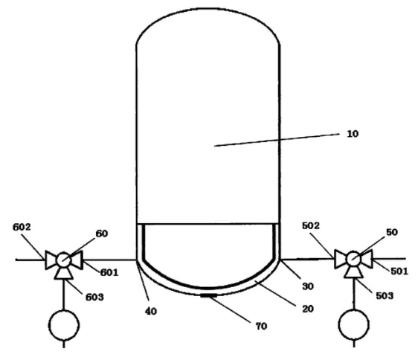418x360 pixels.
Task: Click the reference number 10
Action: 353,134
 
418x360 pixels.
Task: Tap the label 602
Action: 22,227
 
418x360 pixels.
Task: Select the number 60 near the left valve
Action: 102,234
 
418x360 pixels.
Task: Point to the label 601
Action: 109,272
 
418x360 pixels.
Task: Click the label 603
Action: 94,297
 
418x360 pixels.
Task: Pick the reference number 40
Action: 151,311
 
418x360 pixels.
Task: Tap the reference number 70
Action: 261,326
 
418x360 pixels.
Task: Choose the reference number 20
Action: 308,309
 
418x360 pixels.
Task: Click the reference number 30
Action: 308,286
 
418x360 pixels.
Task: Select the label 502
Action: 311,226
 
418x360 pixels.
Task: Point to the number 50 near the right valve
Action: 392,232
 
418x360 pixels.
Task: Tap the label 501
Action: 399,271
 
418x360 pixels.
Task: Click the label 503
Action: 385,296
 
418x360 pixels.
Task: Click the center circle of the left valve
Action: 63,260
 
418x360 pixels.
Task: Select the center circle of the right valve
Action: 353,259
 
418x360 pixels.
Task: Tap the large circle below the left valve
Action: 64,325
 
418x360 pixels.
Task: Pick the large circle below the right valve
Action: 354,324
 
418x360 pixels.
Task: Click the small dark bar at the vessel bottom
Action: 209,295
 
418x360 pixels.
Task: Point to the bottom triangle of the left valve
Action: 63,274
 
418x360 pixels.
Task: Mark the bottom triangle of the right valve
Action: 353,273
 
